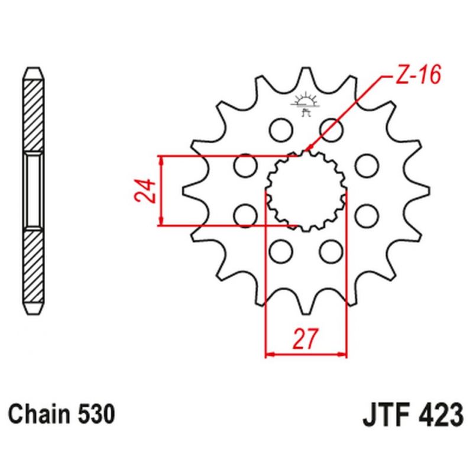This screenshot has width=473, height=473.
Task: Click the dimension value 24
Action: (x=148, y=191)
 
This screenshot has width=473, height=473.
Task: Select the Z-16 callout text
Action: (x=412, y=77)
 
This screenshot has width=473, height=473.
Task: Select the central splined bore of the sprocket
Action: (x=305, y=190)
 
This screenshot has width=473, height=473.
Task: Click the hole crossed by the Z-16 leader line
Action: (x=329, y=127)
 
